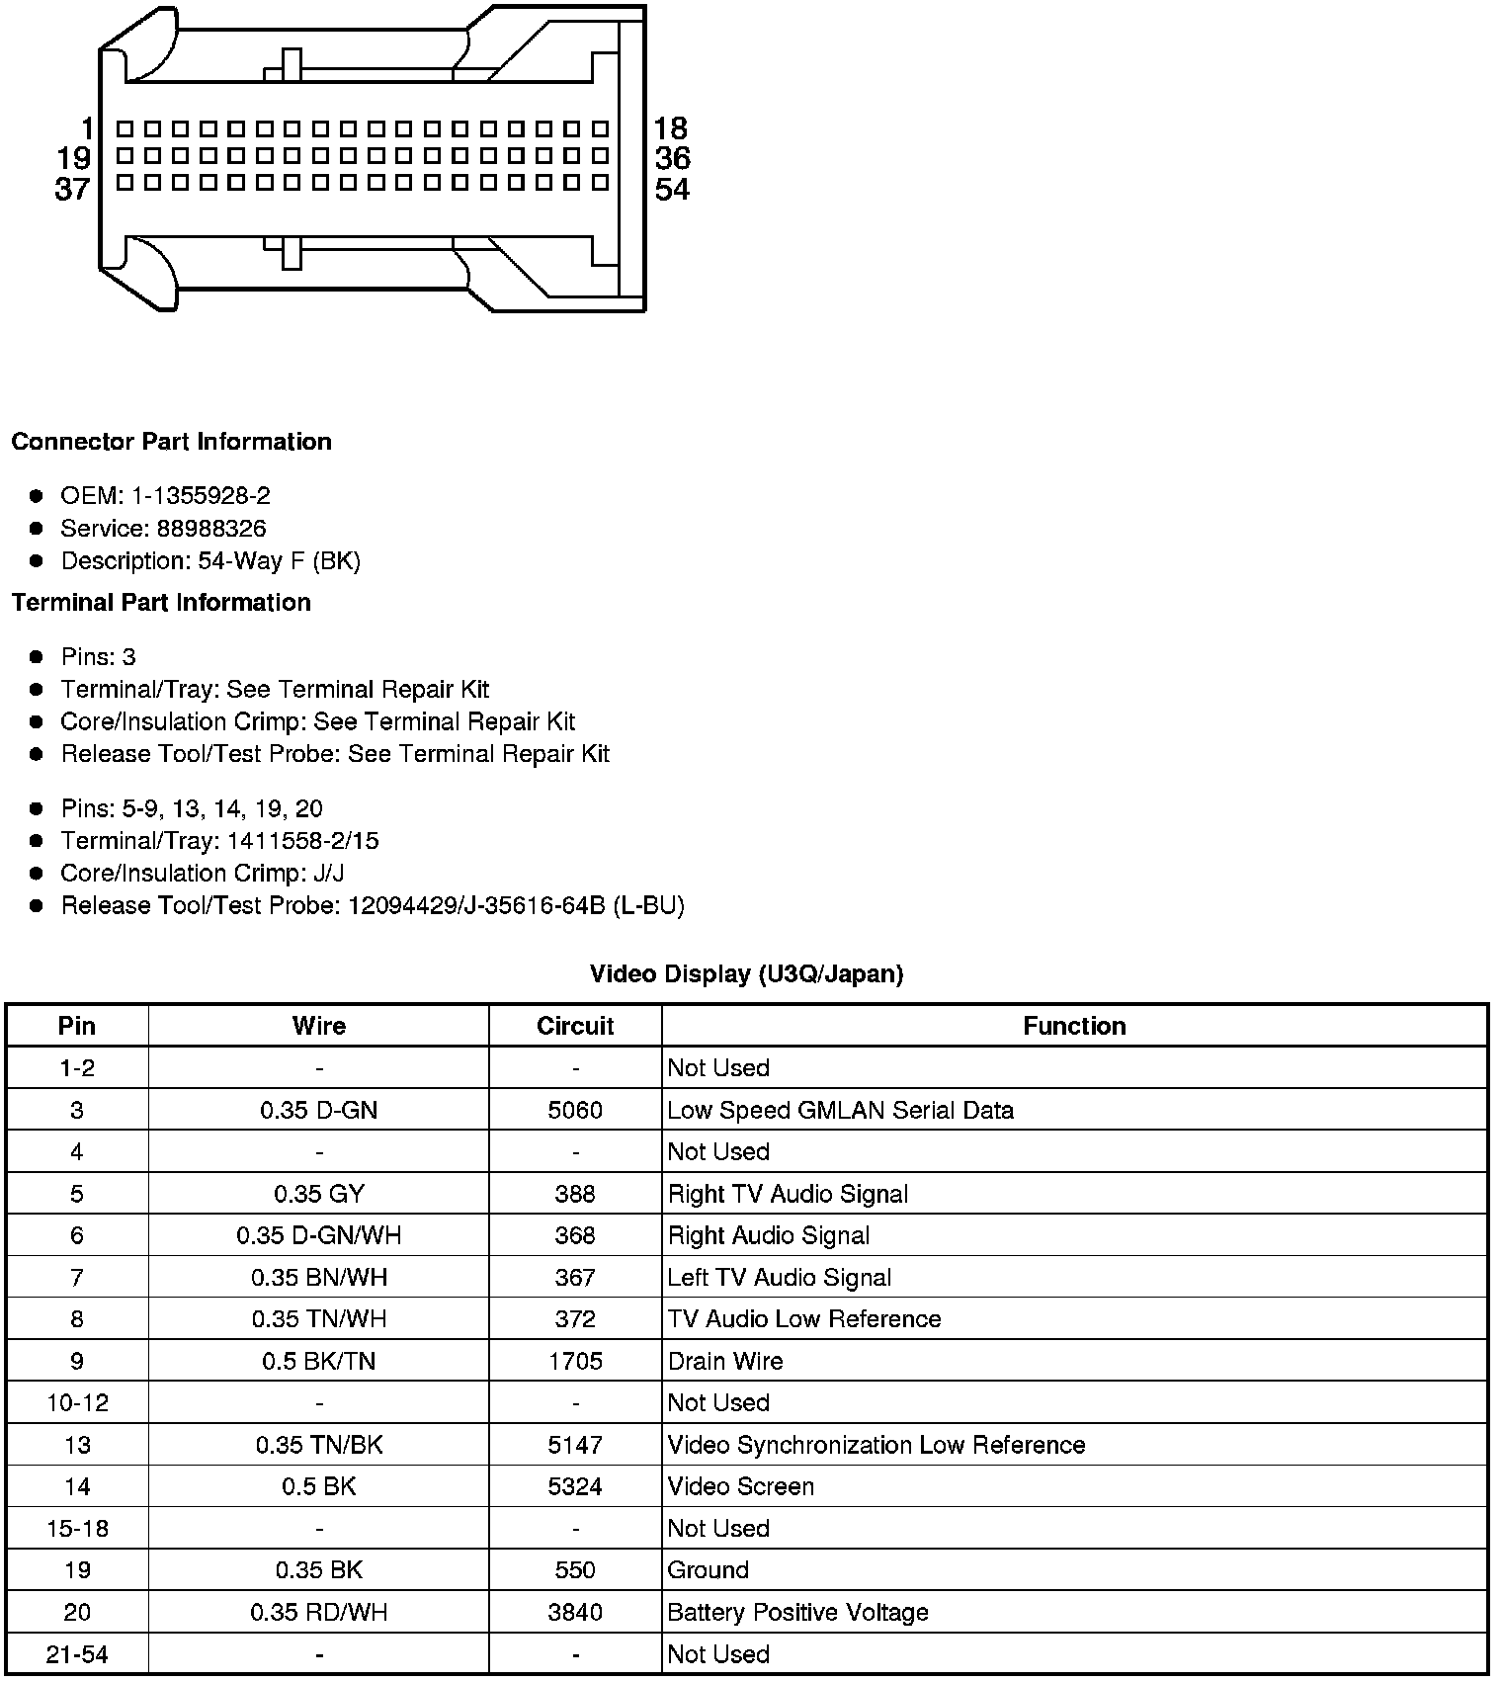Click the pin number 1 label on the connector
click(88, 128)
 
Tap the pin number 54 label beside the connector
click(672, 190)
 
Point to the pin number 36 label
click(672, 158)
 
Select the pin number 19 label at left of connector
click(74, 158)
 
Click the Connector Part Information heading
click(171, 442)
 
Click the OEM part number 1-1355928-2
click(201, 496)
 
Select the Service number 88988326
click(211, 529)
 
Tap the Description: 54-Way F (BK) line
click(210, 561)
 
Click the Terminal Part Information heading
click(161, 603)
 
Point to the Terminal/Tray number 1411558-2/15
click(302, 841)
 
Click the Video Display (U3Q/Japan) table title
click(746, 974)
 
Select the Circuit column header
click(575, 1026)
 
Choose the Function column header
click(1074, 1026)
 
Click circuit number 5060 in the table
click(575, 1110)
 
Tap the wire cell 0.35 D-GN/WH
click(318, 1235)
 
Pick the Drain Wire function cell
click(725, 1361)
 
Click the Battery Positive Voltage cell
click(798, 1612)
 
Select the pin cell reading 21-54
click(77, 1654)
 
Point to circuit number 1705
click(575, 1361)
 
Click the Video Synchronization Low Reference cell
click(876, 1445)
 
